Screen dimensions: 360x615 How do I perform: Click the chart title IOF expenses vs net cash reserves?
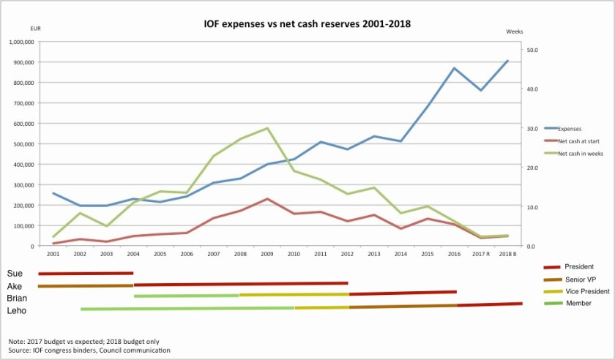307,23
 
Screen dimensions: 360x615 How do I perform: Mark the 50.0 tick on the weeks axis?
532,50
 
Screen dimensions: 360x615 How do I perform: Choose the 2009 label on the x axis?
267,254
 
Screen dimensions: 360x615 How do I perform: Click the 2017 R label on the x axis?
480,254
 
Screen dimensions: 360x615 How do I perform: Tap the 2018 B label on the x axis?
507,254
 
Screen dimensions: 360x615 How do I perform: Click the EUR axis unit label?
35,29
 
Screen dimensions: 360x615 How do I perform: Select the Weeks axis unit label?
515,32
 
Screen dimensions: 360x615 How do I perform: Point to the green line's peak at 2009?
267,128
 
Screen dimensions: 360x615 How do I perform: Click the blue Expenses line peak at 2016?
454,68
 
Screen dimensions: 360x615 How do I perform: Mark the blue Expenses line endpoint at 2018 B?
507,61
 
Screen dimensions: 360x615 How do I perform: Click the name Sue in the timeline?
15,274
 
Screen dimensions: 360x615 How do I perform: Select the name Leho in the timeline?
18,310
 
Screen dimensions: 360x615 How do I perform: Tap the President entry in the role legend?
578,267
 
